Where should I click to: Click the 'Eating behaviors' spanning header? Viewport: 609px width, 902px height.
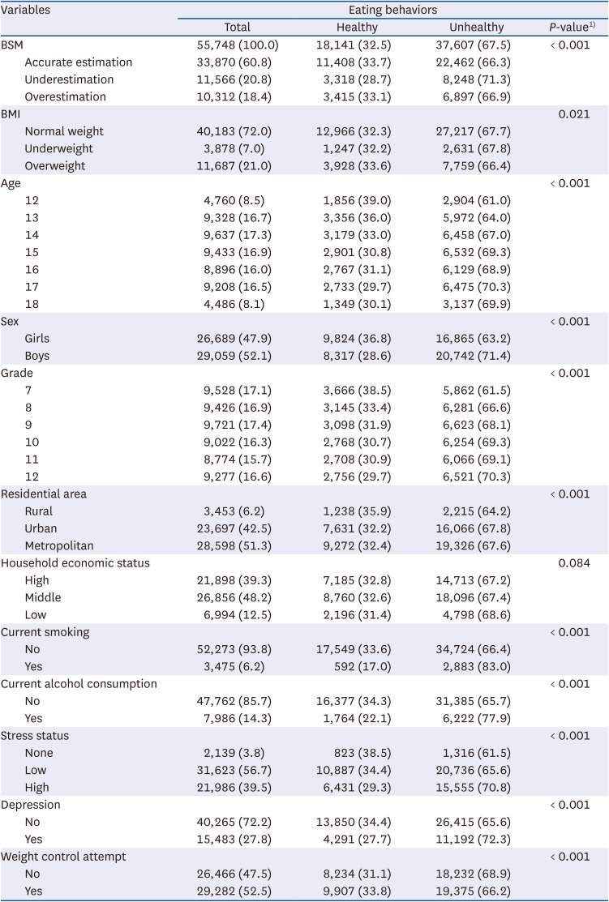pyautogui.click(x=392, y=10)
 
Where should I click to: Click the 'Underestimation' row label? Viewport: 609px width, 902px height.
pyautogui.click(x=69, y=79)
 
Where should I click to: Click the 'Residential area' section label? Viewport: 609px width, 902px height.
pyautogui.click(x=44, y=494)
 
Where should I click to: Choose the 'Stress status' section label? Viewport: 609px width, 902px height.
pyautogui.click(x=35, y=735)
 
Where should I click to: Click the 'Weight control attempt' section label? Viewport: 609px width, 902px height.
pyautogui.click(x=63, y=856)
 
